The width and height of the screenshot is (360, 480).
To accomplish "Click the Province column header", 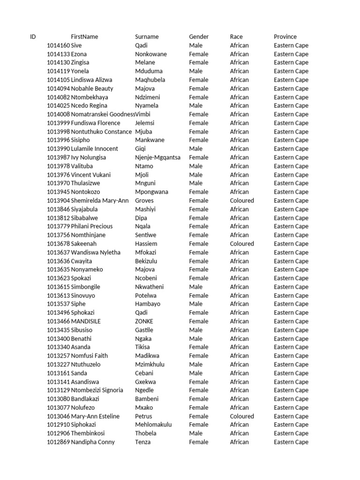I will pos(285,37).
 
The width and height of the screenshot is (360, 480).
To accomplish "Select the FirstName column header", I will pos(84,37).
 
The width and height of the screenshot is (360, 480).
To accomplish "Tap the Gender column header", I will pos(199,37).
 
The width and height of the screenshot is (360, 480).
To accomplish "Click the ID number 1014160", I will pos(58,45).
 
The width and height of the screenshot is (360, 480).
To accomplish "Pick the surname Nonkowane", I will pos(150,54).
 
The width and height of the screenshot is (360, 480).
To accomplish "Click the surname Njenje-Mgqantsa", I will pos(157,157).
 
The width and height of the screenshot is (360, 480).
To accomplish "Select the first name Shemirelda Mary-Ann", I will pos(100,201).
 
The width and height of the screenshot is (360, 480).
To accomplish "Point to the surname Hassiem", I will pos(146,244).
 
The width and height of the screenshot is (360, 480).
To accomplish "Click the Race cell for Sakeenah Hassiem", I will pos(242,244).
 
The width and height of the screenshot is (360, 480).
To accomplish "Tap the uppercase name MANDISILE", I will pos(86,322).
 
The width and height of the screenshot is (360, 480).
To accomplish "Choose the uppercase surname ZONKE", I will pos(144,322).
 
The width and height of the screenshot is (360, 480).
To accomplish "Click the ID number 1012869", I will pos(58,442).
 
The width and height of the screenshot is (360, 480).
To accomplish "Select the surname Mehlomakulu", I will pos(153,425).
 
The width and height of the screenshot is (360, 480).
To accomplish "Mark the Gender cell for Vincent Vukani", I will pos(196,175).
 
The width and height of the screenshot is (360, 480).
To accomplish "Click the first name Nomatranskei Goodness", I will pos(103,114).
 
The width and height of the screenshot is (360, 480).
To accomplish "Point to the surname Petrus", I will pos(143,416).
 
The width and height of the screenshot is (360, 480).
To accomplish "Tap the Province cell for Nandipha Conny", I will pos(291,442).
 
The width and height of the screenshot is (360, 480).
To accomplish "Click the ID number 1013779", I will pos(58,226).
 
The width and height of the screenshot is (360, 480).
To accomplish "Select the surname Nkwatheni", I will pos(150,287).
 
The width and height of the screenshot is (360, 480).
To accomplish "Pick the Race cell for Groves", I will pos(242,201).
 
